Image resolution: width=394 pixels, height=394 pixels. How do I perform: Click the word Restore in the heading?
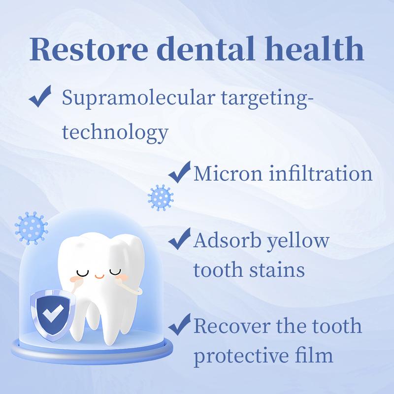click(89, 49)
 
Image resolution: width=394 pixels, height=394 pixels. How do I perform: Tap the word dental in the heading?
click(205, 48)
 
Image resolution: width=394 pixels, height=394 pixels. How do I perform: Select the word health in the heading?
click(314, 48)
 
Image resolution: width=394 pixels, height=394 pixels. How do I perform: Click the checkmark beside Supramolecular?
click(40, 96)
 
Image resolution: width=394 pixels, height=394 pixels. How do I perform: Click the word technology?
click(115, 133)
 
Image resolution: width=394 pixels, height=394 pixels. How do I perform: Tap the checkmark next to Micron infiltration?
click(179, 172)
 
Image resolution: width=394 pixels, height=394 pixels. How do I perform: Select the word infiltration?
click(321, 173)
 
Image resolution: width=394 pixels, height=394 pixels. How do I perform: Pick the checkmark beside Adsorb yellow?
click(179, 239)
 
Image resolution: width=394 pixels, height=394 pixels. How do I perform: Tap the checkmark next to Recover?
click(179, 325)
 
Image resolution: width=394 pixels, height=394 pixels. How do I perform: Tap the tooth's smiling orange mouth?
click(99, 276)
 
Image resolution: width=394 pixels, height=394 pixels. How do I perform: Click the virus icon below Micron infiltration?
click(161, 197)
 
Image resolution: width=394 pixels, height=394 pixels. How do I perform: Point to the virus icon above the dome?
click(31, 229)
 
